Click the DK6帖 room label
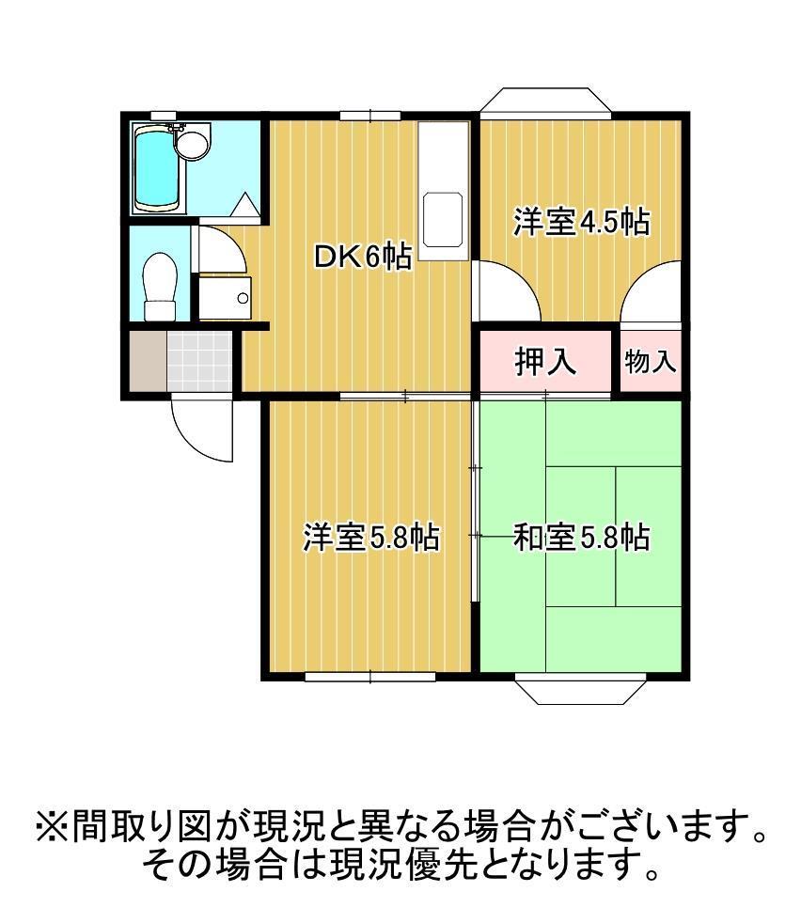362,256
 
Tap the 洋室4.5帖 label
581,223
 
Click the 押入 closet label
545,361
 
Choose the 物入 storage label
651,361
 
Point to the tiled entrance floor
199,360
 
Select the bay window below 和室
581,689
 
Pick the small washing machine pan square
225,298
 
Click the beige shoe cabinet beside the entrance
147,360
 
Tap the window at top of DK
370,115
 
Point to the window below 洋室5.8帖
370,675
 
